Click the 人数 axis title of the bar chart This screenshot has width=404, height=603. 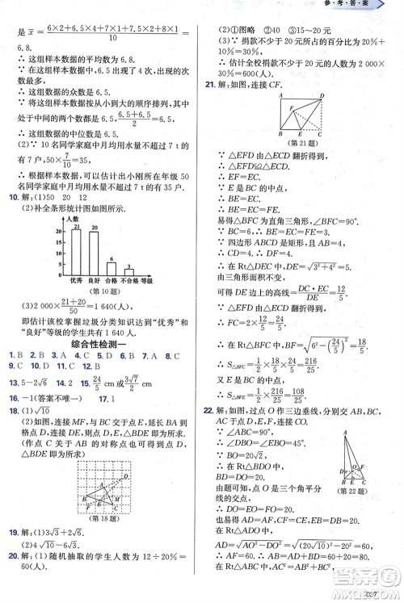click(73, 219)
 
